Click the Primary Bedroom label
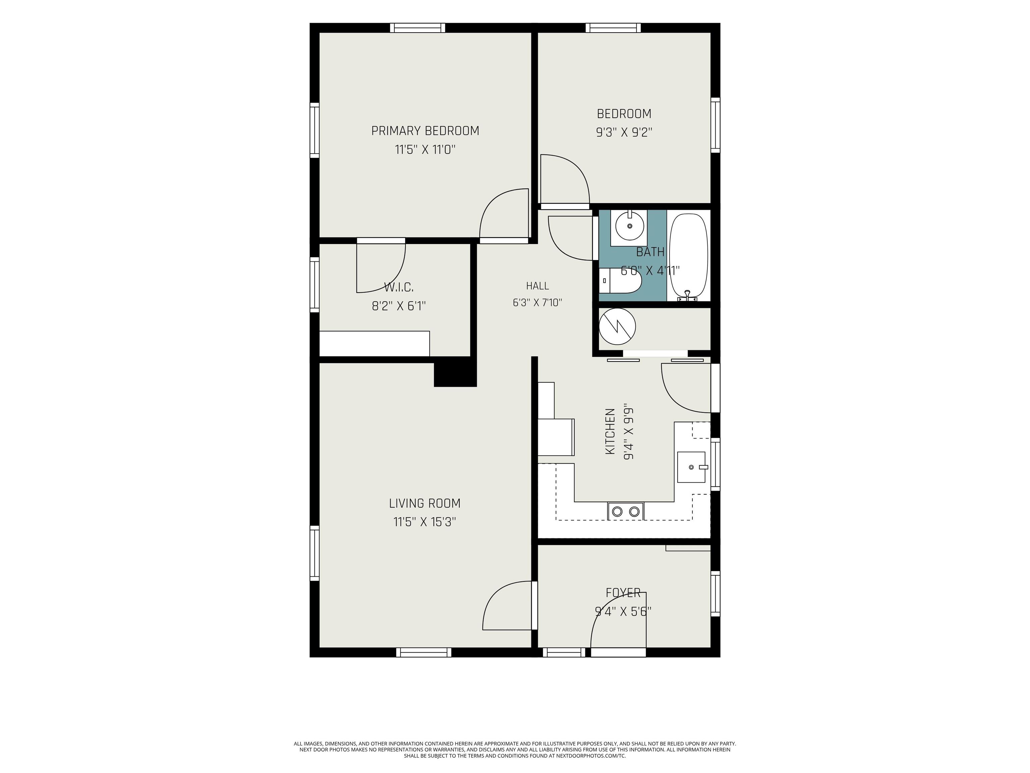pos(425,131)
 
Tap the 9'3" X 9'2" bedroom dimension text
pos(624,132)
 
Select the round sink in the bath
pos(630,226)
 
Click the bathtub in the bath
pos(689,255)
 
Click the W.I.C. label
pos(399,287)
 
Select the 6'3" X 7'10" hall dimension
pos(537,302)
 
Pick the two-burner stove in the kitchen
pos(625,511)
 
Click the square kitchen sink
pos(691,467)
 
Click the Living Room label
pos(425,503)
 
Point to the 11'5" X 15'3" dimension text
pos(425,522)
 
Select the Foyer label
pos(623,593)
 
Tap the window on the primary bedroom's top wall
pos(417,28)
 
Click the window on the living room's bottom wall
pos(424,652)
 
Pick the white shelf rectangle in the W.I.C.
pos(375,344)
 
